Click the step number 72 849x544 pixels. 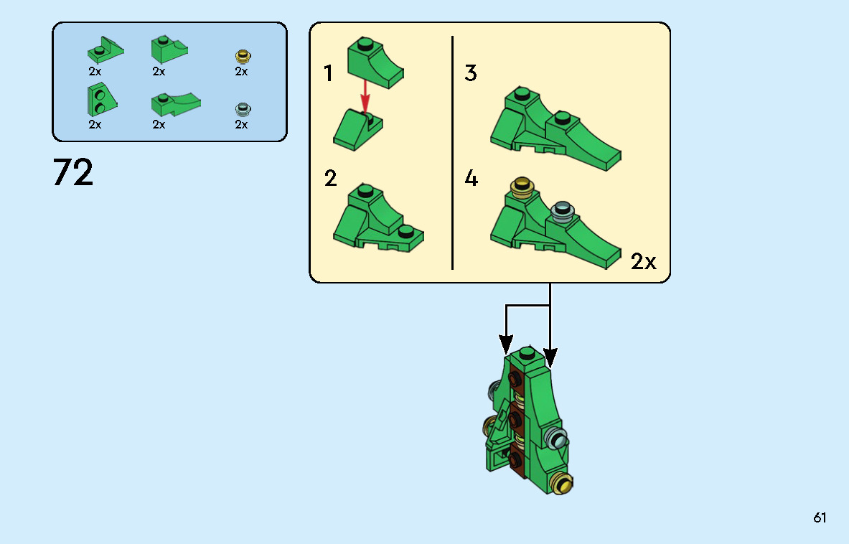click(x=73, y=173)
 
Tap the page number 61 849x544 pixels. click(x=820, y=517)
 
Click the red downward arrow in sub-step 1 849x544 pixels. click(x=365, y=96)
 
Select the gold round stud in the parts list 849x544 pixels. click(x=243, y=56)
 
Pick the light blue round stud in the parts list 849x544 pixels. click(x=243, y=109)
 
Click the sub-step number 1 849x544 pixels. click(x=327, y=74)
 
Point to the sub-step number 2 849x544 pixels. click(x=330, y=178)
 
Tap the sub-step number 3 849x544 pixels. click(x=471, y=73)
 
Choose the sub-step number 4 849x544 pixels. click(x=471, y=178)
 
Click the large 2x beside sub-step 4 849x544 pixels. click(x=643, y=262)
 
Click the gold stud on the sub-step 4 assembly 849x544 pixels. click(x=522, y=187)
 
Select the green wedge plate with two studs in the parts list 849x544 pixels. click(x=102, y=100)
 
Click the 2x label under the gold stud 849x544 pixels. click(x=241, y=72)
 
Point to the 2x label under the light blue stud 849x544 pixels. click(x=241, y=124)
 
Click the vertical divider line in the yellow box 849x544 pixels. click(x=452, y=153)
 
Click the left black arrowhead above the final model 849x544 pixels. click(x=506, y=344)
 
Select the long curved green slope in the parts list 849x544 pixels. click(x=176, y=104)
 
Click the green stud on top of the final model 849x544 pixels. click(x=527, y=354)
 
